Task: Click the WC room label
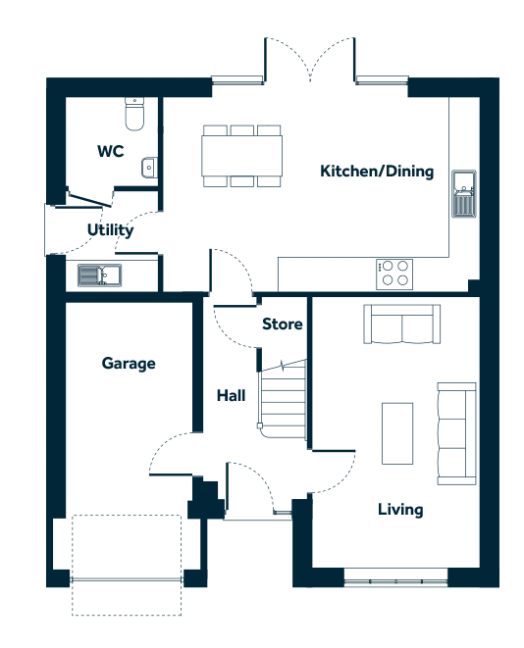111,151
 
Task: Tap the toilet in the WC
134,114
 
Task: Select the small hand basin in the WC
149,168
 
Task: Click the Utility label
111,230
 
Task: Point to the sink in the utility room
100,275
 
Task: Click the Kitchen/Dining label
377,172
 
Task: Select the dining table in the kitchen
242,156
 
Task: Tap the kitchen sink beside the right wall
463,194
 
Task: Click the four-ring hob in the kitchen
394,274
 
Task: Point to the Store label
282,324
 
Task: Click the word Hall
232,396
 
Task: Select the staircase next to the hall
283,399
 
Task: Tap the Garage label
129,364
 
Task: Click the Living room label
400,510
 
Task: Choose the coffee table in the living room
397,433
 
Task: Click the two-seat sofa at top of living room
401,324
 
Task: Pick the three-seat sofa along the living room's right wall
456,433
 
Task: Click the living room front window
395,582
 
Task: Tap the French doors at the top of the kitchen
310,59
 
